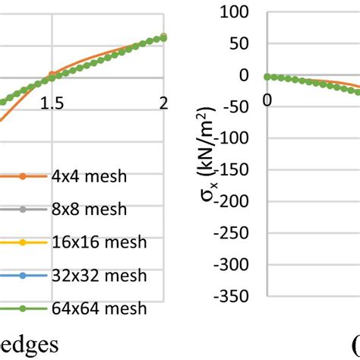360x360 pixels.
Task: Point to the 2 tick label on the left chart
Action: click(x=163, y=105)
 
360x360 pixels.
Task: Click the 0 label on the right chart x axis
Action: click(x=267, y=99)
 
